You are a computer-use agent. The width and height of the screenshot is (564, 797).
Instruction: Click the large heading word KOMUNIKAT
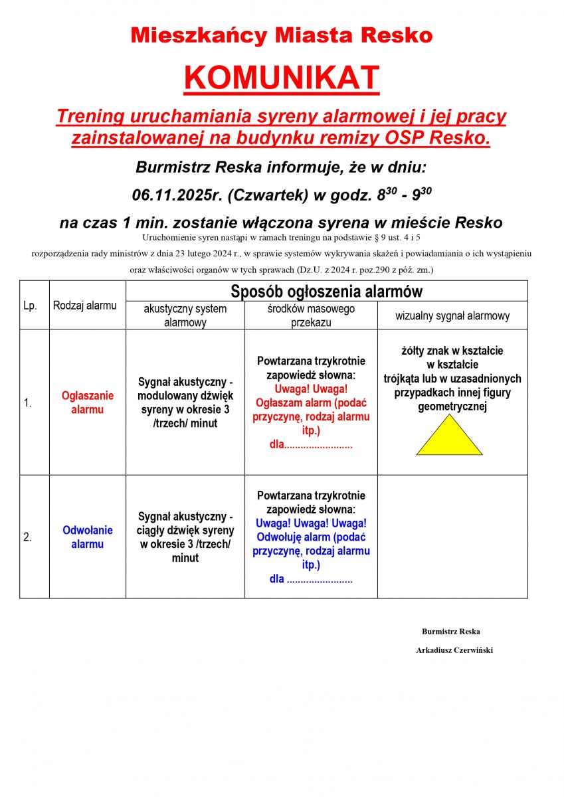[282, 78]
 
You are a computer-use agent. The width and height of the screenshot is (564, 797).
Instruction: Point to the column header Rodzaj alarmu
[84, 306]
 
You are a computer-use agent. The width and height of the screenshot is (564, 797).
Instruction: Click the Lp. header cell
[30, 306]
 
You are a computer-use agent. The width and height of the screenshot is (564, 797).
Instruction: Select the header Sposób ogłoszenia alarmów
[326, 292]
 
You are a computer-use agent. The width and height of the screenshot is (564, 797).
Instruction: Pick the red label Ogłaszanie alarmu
[88, 402]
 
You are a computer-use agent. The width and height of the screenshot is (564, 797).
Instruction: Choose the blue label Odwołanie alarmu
[88, 537]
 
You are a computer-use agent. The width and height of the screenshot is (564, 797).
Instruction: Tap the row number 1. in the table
[28, 402]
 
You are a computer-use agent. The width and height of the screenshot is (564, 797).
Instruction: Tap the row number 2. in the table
[28, 537]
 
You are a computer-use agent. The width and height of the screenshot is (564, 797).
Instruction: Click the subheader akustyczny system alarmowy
[185, 315]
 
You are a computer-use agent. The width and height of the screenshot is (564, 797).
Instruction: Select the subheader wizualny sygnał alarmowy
[452, 316]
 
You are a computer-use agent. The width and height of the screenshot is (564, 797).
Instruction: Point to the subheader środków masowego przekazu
[311, 315]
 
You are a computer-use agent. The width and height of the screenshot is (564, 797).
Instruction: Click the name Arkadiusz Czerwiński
[454, 650]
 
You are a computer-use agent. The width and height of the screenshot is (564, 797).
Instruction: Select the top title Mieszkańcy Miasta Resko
[282, 35]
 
